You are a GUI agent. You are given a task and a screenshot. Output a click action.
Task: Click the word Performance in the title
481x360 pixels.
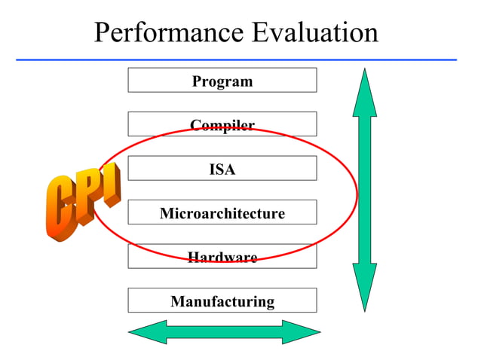click(169, 32)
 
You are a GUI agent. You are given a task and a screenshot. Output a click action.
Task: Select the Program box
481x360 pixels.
click(222, 81)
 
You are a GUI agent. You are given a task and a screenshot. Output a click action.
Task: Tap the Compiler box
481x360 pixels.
click(222, 124)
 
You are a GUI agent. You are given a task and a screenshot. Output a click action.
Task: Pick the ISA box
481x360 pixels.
click(222, 169)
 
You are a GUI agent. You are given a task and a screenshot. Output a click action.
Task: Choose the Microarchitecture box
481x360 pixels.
click(222, 213)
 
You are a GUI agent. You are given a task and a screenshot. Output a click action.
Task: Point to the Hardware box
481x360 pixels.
click(222, 258)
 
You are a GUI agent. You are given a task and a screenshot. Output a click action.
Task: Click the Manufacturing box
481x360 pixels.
click(222, 301)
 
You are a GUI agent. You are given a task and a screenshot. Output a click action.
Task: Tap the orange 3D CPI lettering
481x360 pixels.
click(81, 201)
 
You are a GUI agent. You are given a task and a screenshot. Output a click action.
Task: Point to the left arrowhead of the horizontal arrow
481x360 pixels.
click(148, 332)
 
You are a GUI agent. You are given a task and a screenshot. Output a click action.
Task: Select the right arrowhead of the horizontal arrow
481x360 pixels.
click(301, 332)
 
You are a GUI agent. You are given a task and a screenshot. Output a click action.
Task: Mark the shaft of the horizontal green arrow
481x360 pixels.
click(224, 332)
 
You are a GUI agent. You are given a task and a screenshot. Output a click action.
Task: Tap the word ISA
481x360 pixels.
click(222, 169)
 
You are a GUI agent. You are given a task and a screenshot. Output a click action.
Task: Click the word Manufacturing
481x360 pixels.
click(222, 302)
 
